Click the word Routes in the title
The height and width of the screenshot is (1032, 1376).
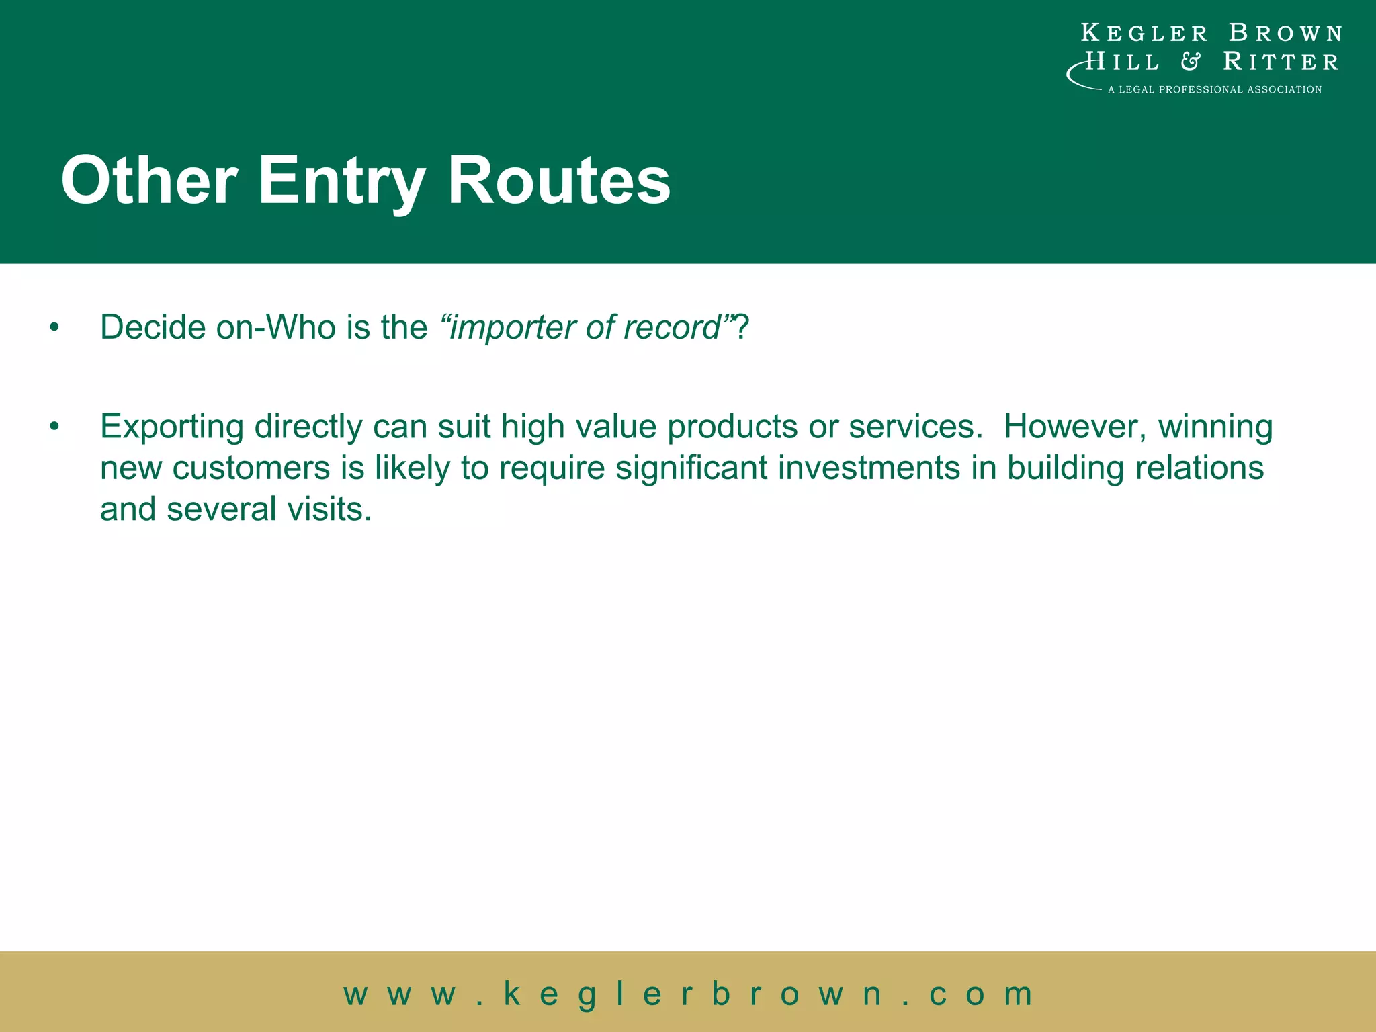coord(559,180)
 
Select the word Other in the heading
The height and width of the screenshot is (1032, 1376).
coord(149,180)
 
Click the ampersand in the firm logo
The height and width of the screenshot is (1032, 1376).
coord(1191,62)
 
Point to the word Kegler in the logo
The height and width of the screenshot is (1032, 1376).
coord(1144,33)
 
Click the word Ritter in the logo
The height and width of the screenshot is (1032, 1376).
coord(1281,62)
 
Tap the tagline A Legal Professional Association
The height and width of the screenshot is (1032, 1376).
coord(1214,89)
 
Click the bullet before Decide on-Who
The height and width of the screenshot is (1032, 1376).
coord(54,328)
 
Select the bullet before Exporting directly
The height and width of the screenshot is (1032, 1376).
coord(54,427)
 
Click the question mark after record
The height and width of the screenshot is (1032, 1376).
coord(740,328)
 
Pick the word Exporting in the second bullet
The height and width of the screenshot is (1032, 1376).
coord(171,427)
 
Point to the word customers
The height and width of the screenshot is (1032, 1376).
coord(251,468)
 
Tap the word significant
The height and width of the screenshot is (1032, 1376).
coord(691,468)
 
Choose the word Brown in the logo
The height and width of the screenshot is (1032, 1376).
coord(1285,33)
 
